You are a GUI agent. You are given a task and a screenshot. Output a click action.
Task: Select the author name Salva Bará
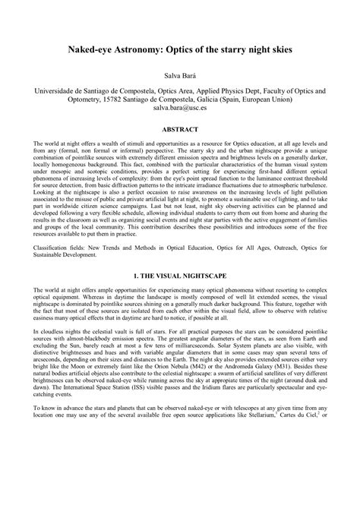tap(180, 76)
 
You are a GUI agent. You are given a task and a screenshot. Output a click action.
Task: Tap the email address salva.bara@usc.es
tap(180, 109)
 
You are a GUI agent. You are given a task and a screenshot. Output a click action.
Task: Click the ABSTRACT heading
tap(180, 130)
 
